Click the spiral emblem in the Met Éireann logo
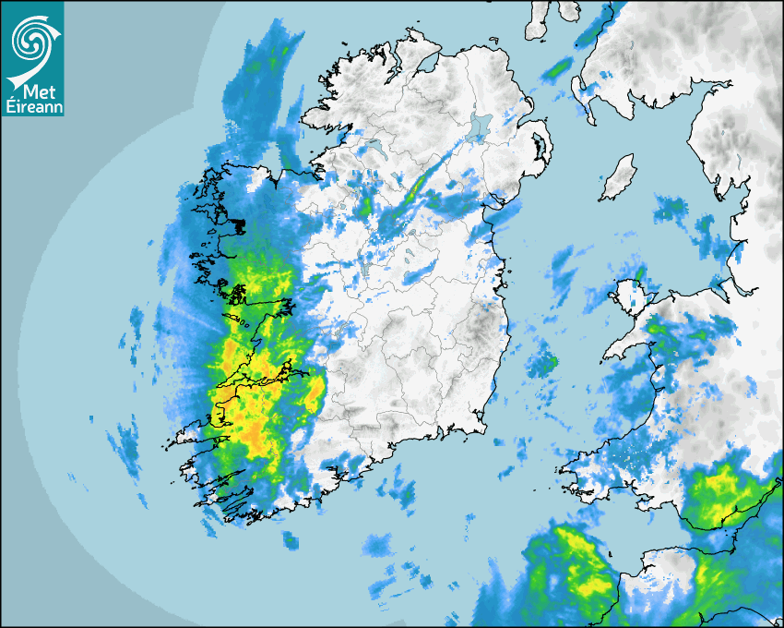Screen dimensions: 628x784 31,39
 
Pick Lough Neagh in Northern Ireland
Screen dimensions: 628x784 480,125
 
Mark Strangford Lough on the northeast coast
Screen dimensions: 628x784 542,148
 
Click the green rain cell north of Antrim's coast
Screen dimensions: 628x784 557,67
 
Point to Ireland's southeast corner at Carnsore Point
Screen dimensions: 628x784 485,430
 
